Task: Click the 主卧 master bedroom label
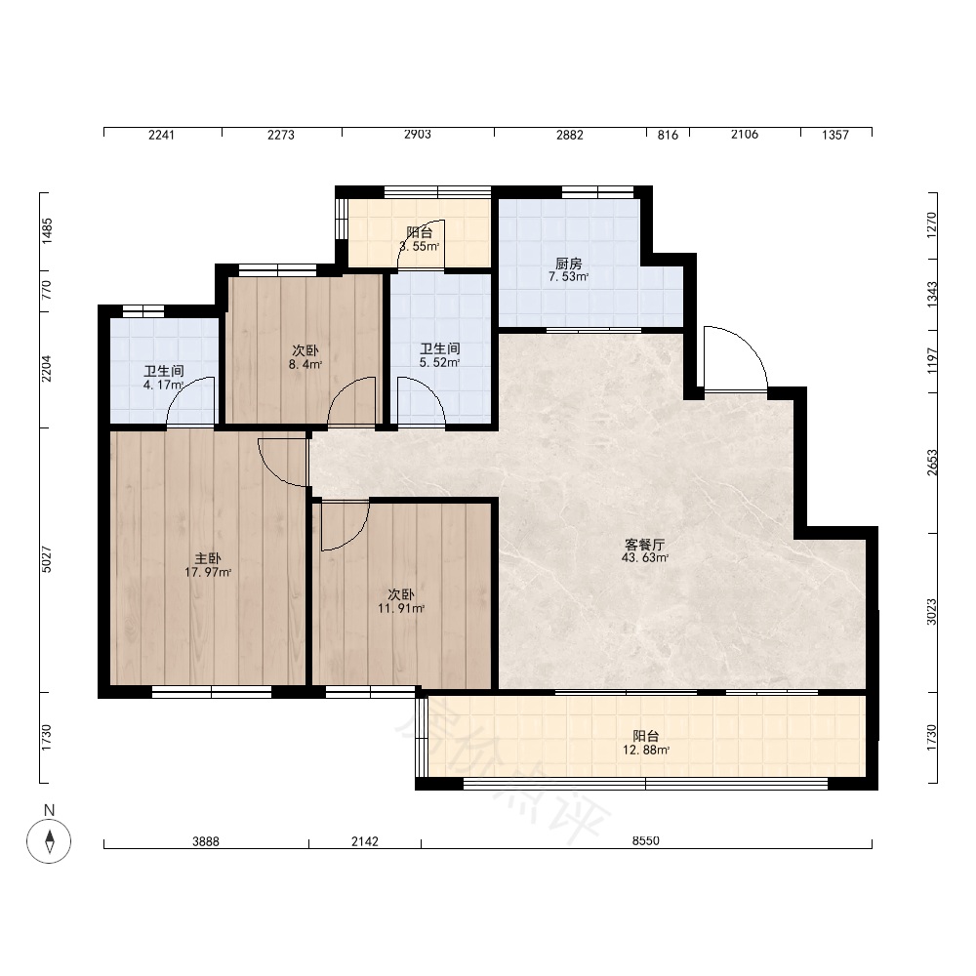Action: (208, 558)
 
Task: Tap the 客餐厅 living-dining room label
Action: (645, 545)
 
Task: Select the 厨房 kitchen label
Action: (568, 264)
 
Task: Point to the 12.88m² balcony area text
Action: (646, 750)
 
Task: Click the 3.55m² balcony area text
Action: (420, 246)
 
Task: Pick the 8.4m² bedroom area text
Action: (305, 364)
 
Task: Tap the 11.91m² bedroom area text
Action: (401, 608)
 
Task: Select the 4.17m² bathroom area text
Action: (163, 386)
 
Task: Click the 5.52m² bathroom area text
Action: (439, 362)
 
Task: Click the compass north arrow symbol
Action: (49, 841)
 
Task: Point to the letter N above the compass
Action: (49, 810)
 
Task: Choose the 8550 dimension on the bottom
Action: (645, 841)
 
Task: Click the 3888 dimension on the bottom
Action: (205, 841)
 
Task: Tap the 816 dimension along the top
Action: (668, 135)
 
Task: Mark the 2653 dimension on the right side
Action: (932, 463)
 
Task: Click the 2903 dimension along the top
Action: (417, 134)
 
